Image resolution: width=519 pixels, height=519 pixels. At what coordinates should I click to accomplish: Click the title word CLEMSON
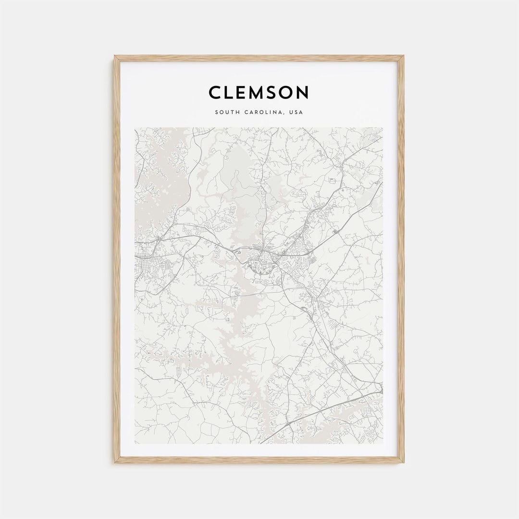click(259, 92)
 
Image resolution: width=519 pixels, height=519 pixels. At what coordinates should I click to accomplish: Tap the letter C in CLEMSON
click(215, 92)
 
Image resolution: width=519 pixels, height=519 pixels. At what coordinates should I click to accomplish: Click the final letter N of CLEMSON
click(303, 92)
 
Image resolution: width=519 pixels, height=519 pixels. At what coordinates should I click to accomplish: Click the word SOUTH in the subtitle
click(226, 112)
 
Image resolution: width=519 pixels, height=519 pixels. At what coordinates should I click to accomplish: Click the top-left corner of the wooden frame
click(115, 57)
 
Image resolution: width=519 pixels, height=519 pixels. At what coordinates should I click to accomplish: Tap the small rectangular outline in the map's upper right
click(332, 181)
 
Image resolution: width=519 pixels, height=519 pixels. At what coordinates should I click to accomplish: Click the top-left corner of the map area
click(135, 128)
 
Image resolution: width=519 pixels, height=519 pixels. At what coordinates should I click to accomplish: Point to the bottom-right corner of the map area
click(383, 443)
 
